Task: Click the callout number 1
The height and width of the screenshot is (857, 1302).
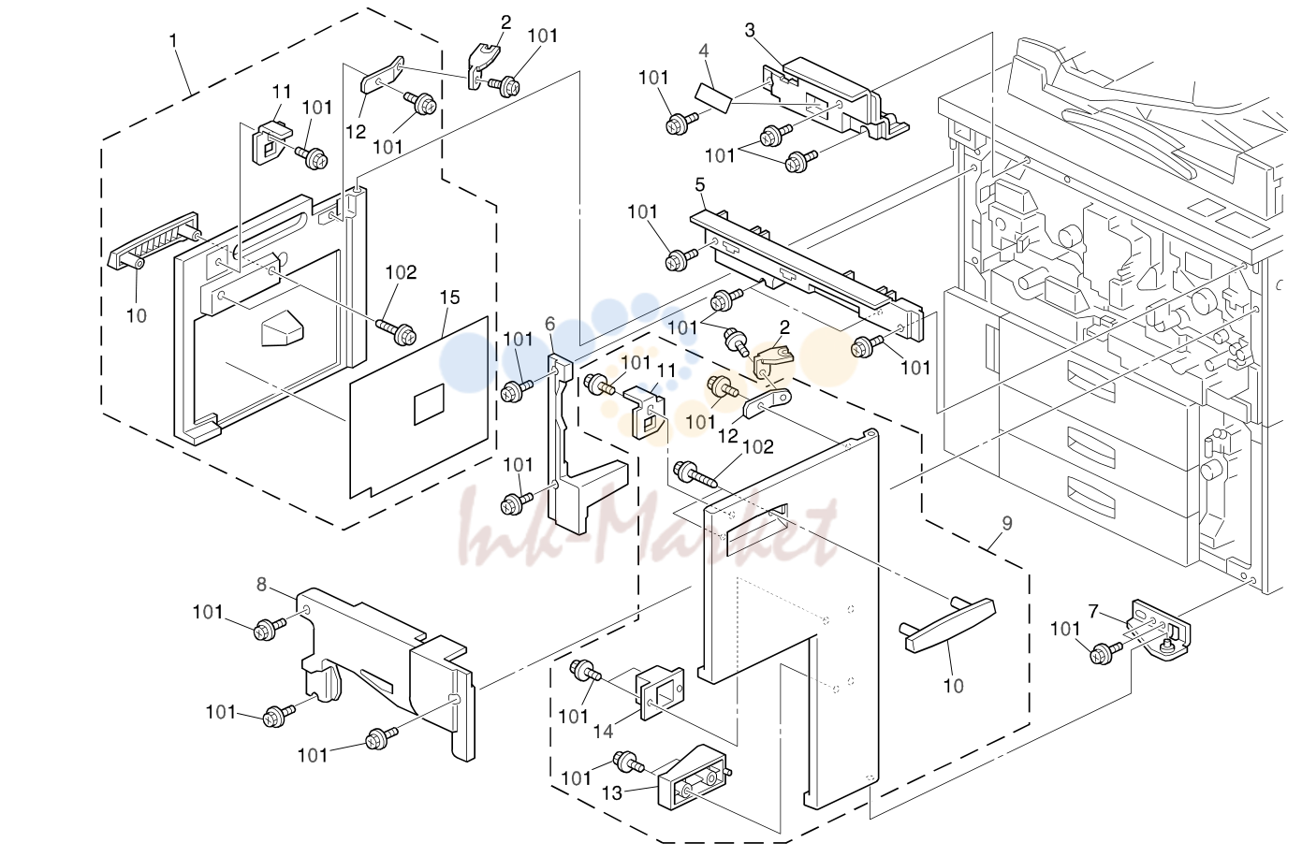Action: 172,40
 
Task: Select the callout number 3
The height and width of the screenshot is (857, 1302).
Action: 751,30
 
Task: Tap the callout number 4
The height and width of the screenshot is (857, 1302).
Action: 704,51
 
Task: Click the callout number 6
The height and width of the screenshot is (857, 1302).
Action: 549,325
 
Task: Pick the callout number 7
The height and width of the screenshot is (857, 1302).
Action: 1093,612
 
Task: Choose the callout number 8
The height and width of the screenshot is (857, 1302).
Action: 261,585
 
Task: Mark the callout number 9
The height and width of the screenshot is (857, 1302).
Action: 1007,524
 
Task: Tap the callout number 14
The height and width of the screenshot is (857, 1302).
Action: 603,731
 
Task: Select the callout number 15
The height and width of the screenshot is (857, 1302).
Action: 449,298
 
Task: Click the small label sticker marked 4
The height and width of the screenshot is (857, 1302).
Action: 714,97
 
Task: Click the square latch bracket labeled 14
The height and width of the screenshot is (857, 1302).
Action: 661,692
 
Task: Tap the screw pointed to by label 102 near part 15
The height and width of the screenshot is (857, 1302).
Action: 397,332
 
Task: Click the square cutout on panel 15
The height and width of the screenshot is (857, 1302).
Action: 429,404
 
